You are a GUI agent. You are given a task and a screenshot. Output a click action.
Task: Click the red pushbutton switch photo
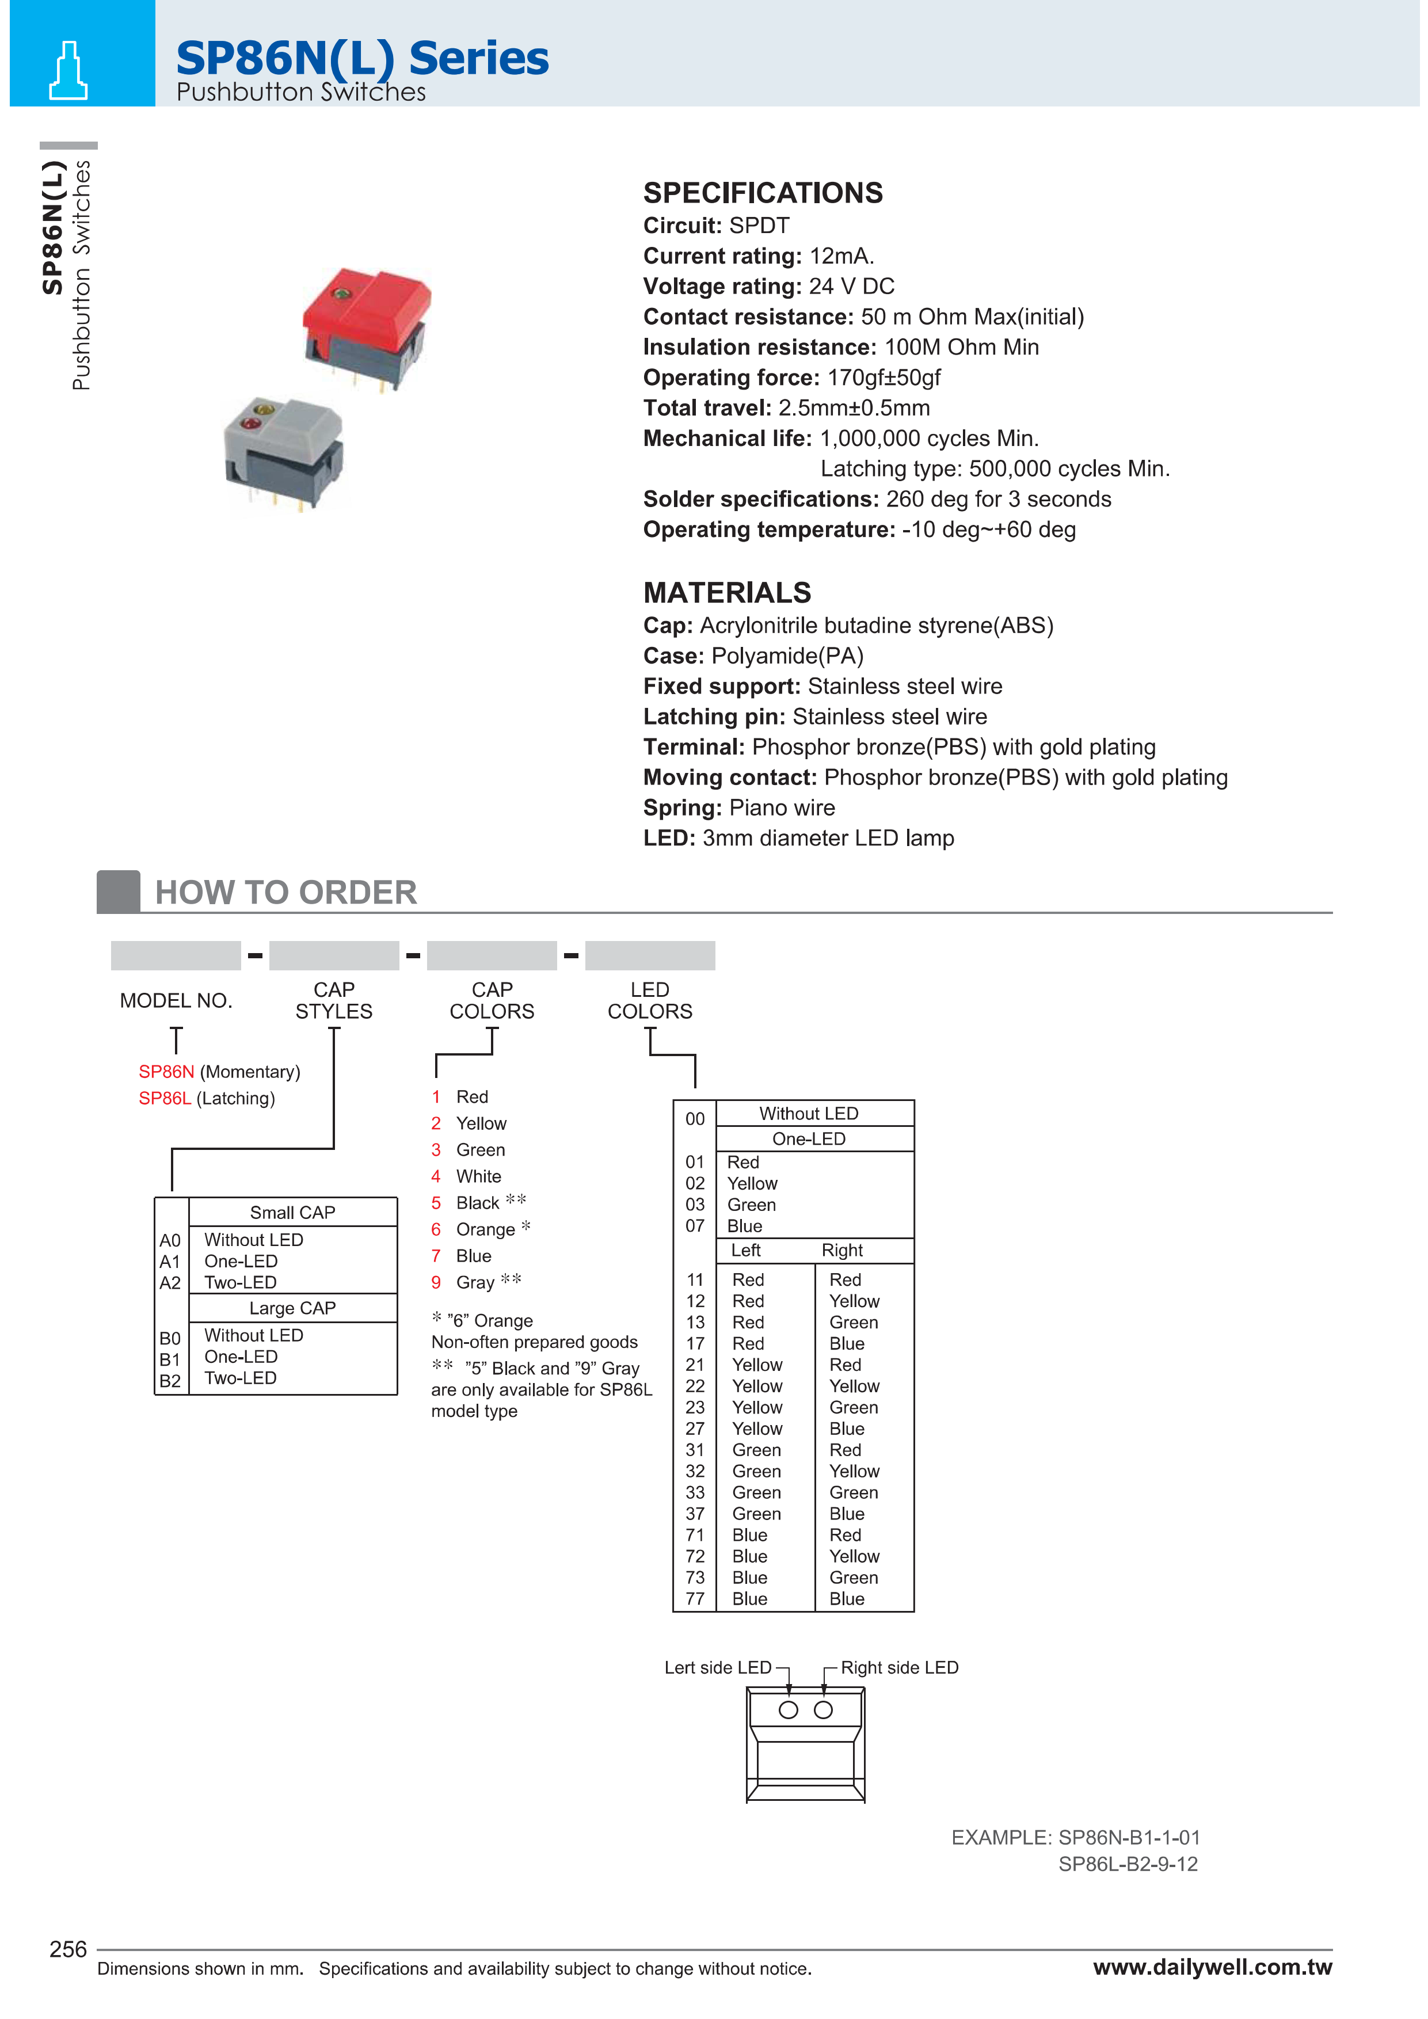[x=368, y=326]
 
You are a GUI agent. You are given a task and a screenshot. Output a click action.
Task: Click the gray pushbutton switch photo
[x=284, y=451]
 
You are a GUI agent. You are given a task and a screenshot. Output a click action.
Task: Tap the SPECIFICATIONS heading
[x=763, y=193]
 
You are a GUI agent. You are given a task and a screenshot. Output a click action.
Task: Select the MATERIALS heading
[x=726, y=593]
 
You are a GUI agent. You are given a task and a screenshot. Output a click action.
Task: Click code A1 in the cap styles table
[x=170, y=1261]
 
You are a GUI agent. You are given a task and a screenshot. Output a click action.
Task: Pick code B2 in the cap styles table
[x=170, y=1381]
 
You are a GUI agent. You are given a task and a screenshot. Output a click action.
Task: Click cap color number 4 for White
[x=435, y=1176]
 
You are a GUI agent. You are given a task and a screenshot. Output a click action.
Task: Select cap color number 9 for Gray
[x=435, y=1282]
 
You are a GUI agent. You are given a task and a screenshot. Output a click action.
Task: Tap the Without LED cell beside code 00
[x=808, y=1113]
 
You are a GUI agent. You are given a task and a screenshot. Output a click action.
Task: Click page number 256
[x=68, y=1949]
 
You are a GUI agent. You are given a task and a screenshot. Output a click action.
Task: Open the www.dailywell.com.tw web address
[x=1212, y=1967]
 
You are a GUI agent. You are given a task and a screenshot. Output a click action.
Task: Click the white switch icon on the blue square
[x=68, y=70]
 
